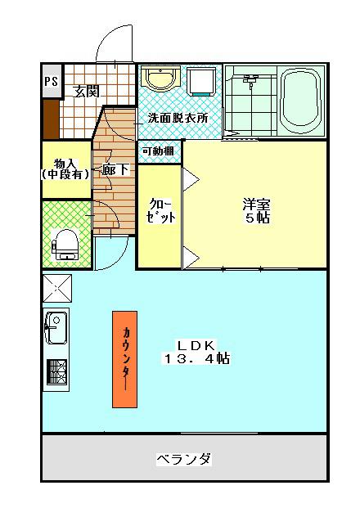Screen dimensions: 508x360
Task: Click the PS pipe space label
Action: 51,82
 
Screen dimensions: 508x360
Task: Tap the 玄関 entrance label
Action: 86,90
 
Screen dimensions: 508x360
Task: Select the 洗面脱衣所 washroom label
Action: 178,118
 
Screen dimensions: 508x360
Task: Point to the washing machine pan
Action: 200,82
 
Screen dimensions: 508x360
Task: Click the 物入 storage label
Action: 65,169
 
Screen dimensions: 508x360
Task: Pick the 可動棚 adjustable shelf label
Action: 158,151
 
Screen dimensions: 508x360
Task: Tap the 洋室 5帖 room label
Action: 256,210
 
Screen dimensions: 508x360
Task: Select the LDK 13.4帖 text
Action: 196,352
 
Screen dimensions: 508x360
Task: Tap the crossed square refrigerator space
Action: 56,288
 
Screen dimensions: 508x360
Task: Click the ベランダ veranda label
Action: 184,459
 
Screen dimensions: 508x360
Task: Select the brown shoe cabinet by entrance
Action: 51,119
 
